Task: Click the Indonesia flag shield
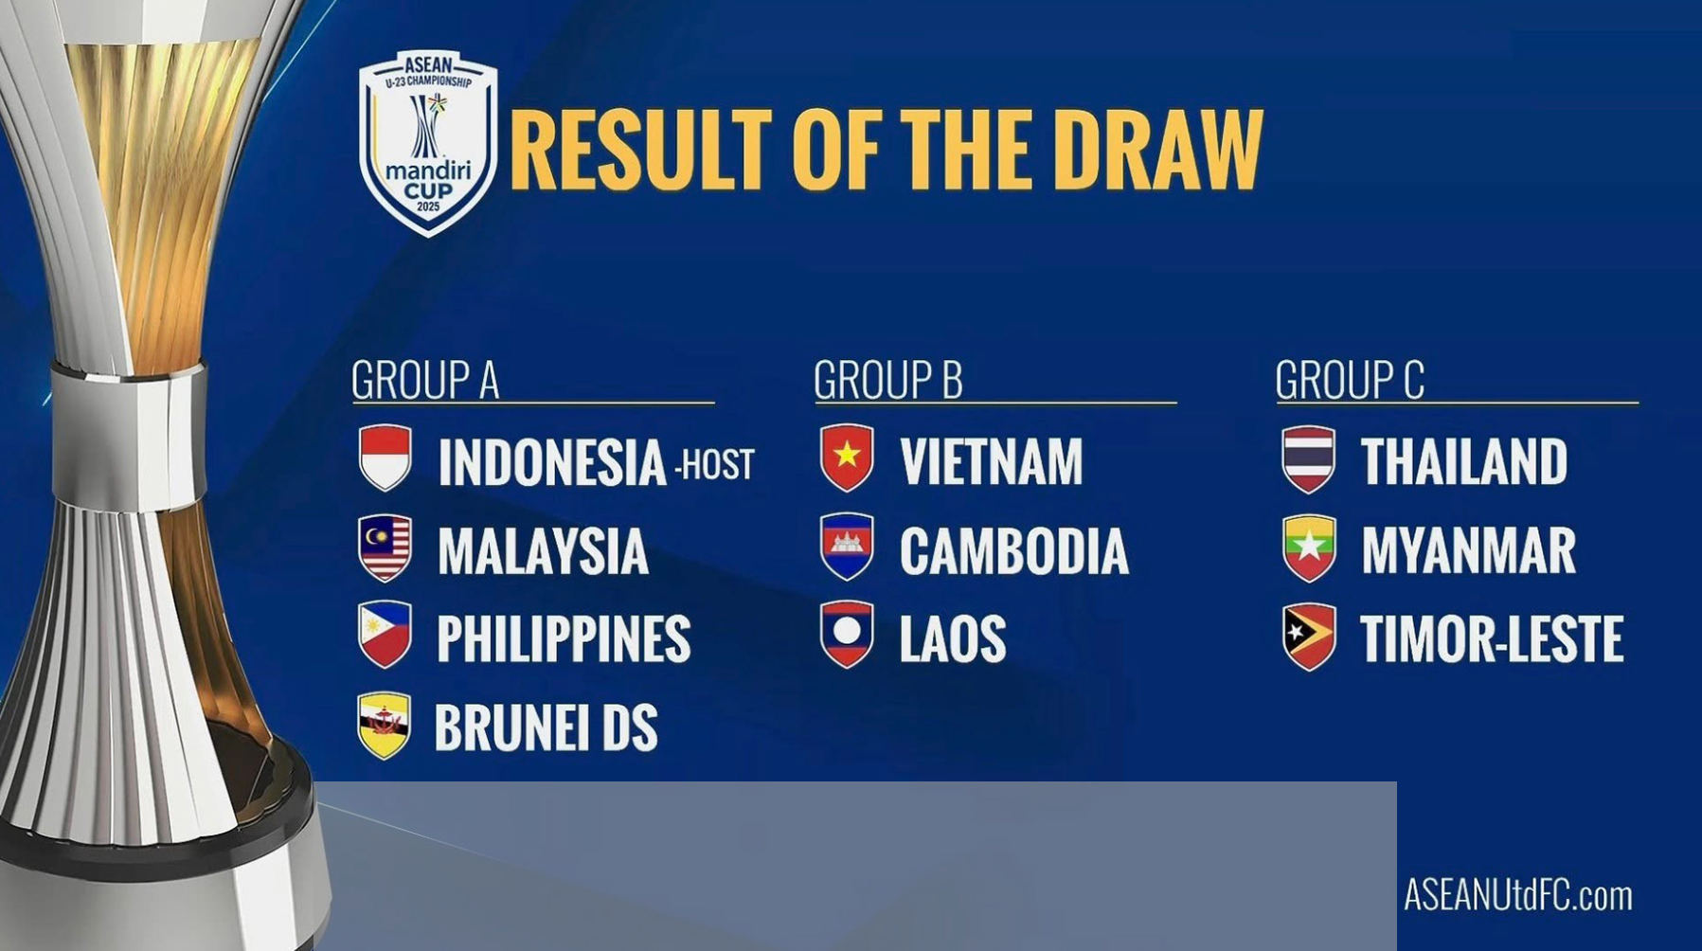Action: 385,458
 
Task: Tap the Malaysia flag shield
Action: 385,547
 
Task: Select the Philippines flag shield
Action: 385,635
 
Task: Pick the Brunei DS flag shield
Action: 385,726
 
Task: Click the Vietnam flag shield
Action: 847,458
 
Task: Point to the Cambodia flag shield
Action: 847,547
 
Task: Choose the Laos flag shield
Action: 847,635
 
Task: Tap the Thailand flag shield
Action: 1309,459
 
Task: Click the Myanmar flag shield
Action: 1309,548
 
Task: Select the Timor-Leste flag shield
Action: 1309,637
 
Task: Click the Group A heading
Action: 424,381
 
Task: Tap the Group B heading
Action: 887,381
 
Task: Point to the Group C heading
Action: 1350,381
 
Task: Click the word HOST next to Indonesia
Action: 718,464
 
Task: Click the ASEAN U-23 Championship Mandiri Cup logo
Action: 428,142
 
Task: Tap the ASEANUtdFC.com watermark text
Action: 1517,894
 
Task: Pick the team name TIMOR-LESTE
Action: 1492,639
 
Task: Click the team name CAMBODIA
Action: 1013,551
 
